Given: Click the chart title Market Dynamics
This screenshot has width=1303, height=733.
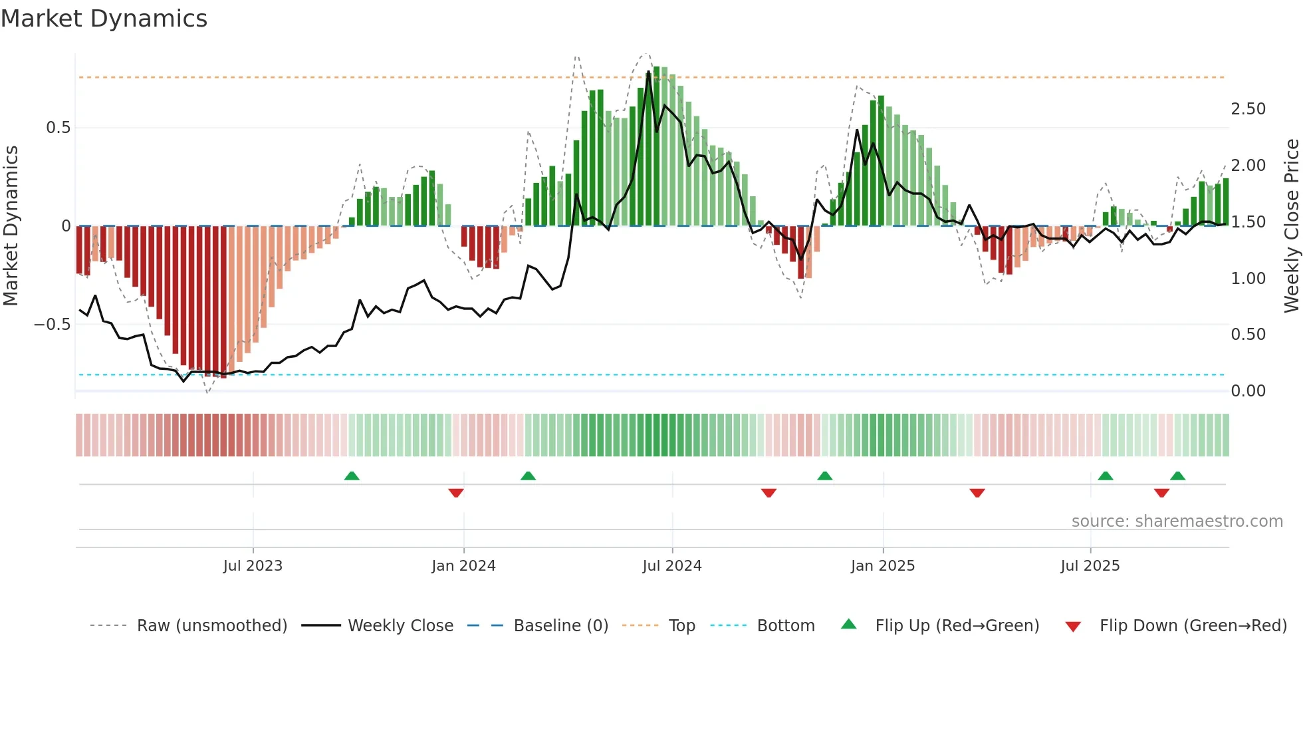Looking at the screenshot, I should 104,19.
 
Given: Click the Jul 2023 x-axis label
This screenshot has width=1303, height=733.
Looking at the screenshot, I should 253,566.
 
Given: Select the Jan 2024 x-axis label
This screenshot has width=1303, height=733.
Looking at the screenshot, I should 463,566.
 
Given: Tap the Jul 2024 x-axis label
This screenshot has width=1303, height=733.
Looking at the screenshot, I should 671,566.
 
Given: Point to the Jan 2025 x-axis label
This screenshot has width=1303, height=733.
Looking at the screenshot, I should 882,566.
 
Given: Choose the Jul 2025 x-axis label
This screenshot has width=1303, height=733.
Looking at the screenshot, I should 1090,566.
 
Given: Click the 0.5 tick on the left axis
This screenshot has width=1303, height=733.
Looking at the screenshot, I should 58,128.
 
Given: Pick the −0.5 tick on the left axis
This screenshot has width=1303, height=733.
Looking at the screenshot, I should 52,325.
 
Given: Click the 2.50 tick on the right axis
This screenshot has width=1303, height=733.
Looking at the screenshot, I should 1248,109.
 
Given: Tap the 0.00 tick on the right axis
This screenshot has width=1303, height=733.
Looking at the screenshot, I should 1248,391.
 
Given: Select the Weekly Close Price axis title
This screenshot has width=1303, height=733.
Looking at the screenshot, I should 1291,225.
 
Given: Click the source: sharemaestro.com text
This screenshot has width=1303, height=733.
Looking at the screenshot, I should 1177,521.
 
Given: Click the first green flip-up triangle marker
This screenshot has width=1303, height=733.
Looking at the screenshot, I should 352,476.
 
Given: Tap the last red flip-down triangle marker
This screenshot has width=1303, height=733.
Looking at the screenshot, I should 1161,493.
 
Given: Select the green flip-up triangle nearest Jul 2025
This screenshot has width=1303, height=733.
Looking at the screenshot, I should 1105,476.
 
